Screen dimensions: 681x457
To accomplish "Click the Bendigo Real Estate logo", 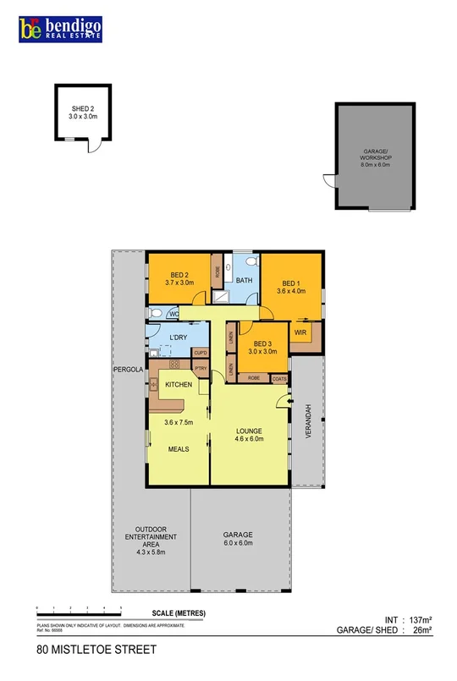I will click(61, 30).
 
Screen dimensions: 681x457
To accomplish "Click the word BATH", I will click(245, 280).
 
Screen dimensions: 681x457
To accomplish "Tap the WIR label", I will click(300, 332).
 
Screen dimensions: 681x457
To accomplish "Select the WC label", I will click(173, 314).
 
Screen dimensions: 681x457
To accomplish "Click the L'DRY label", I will click(178, 338).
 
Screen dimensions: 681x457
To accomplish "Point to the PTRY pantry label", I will click(201, 369).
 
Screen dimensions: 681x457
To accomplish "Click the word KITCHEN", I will click(178, 385).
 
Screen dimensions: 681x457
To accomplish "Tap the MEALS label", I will click(178, 448).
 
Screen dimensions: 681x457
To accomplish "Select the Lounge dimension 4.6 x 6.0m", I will click(250, 438).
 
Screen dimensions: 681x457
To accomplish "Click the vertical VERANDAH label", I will click(311, 421).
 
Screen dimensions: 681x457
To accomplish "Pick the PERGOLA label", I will click(128, 371).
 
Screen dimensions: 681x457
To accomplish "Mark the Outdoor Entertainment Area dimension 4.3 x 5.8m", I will click(151, 552).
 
